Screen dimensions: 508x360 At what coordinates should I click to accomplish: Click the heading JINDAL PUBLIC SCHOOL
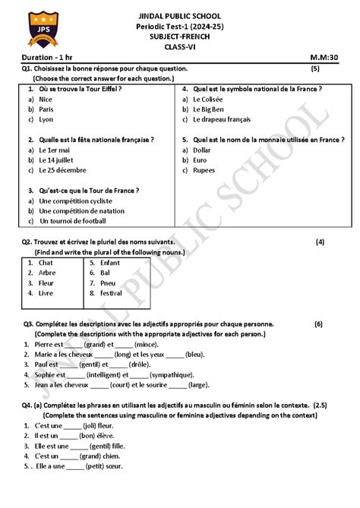point(180,15)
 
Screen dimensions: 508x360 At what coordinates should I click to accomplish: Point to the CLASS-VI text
point(180,46)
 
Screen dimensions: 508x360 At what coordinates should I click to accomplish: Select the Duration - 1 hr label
point(48,58)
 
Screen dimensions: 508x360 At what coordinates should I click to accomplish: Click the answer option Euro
point(201,160)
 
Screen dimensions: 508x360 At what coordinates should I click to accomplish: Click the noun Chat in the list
point(46,263)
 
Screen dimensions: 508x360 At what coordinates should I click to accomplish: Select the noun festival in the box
point(111,292)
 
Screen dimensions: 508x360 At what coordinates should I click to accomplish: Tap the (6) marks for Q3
point(318,323)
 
